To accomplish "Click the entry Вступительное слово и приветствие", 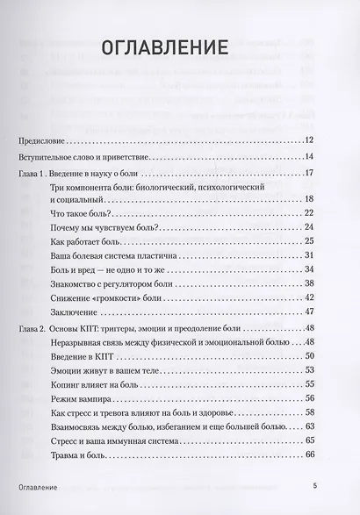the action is click(x=83, y=157).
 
